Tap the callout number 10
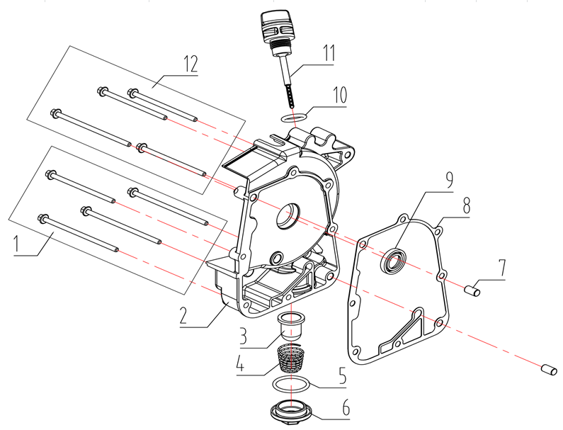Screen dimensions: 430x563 (329, 53)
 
